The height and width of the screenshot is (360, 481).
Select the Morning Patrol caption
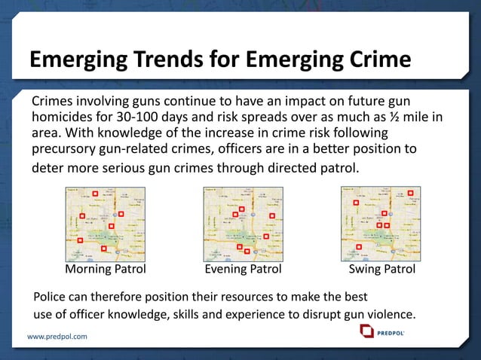click(106, 269)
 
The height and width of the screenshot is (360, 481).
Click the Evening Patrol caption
click(243, 269)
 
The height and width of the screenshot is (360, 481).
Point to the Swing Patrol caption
click(382, 269)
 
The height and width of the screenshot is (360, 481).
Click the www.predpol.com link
click(57, 336)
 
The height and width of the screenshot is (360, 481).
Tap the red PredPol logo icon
click(366, 331)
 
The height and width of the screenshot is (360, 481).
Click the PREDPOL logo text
click(394, 331)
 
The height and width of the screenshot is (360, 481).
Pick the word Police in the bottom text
click(51, 296)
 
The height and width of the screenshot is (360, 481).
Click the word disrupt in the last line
click(311, 313)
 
